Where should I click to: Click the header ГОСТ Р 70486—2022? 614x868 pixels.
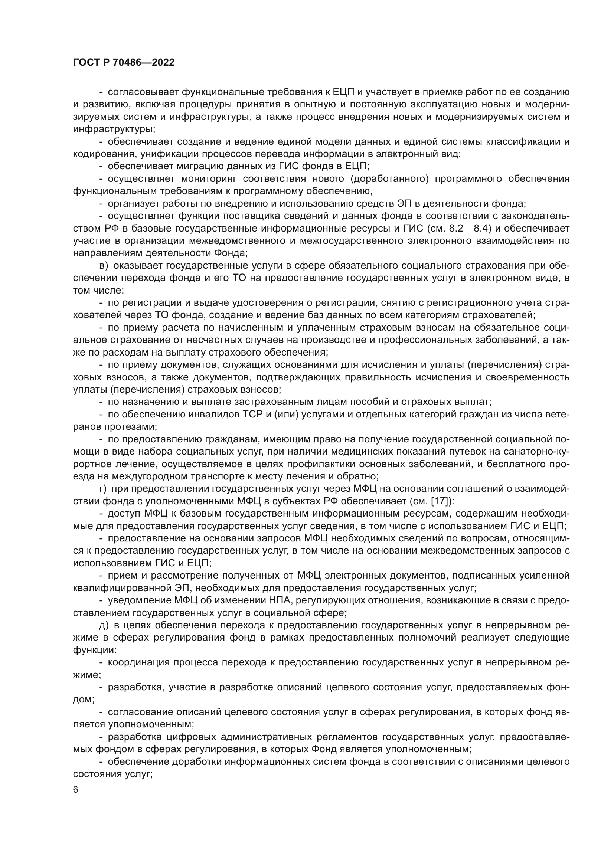(x=124, y=63)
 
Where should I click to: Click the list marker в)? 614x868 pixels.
(x=104, y=266)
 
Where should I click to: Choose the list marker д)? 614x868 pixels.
(x=104, y=625)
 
